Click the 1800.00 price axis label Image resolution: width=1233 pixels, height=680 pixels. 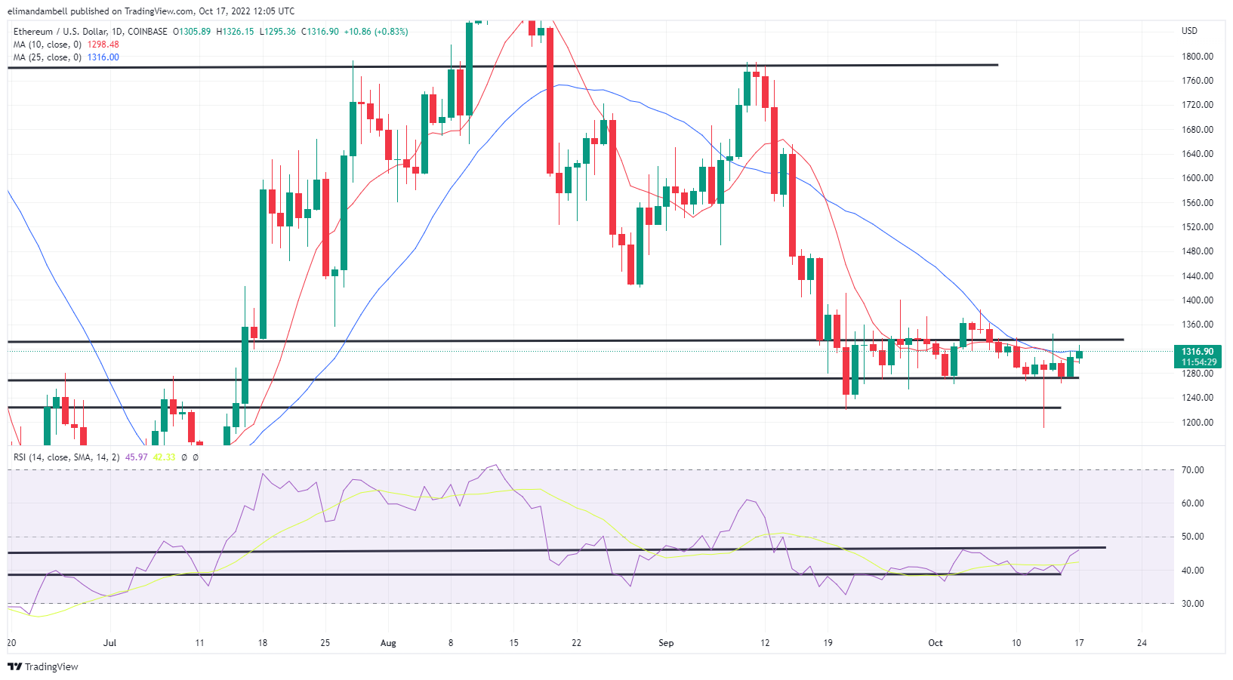point(1197,56)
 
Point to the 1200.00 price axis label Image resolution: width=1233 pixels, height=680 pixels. point(1197,422)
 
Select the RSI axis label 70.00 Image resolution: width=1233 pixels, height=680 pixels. point(1193,469)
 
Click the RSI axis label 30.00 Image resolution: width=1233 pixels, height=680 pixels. point(1193,603)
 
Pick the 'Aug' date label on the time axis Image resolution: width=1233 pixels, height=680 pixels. point(388,643)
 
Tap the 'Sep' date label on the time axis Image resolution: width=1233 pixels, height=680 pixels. point(666,643)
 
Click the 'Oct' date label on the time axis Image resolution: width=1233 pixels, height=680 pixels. point(936,643)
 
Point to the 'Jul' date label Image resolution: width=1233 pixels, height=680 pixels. point(110,643)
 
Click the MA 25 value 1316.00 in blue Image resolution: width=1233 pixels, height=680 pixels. point(103,57)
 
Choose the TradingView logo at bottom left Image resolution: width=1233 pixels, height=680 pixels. point(43,666)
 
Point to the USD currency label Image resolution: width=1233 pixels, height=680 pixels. point(1189,31)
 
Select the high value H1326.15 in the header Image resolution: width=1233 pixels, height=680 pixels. point(235,32)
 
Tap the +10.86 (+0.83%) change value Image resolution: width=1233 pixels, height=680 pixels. point(376,32)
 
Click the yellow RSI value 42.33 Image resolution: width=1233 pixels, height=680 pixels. point(164,457)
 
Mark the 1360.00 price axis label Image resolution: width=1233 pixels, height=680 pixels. point(1197,325)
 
